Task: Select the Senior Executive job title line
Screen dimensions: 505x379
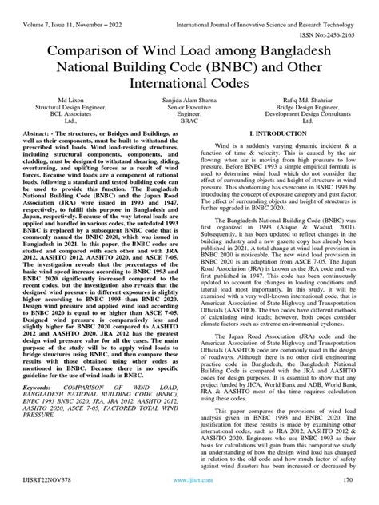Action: (x=189, y=108)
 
